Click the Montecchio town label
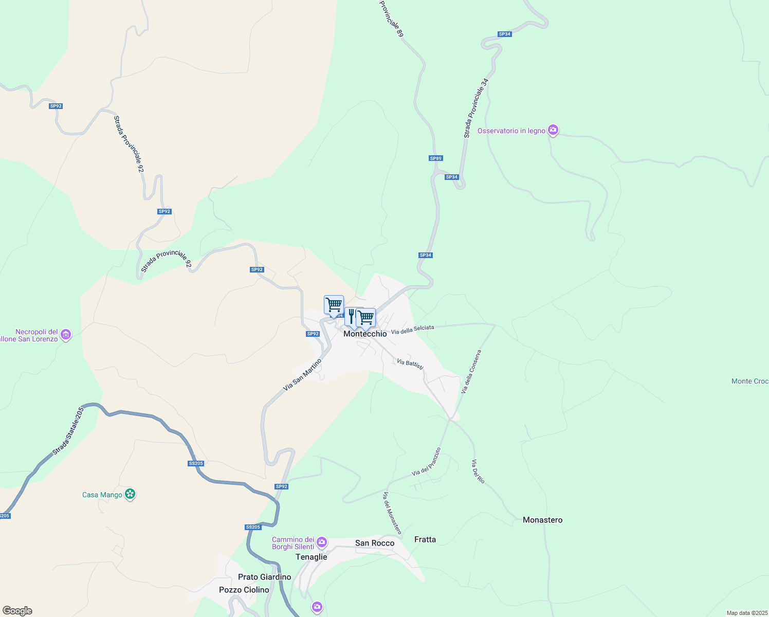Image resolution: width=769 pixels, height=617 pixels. coord(365,334)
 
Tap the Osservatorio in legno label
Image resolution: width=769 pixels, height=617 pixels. coord(511,131)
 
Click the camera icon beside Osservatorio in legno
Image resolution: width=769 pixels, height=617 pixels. coord(553,130)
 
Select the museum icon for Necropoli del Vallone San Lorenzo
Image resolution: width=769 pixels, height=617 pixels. coord(66,335)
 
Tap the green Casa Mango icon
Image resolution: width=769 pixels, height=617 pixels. coord(131,495)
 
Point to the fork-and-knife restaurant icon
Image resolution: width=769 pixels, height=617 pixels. coord(351,316)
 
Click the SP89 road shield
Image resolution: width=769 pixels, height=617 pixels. coord(436,158)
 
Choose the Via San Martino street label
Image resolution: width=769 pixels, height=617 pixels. coord(302,375)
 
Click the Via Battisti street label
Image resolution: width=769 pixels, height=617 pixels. coord(410,364)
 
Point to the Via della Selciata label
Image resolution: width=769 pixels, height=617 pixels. coord(412,330)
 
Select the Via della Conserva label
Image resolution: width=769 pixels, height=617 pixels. coord(471,372)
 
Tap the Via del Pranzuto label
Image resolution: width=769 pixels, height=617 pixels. coord(426,462)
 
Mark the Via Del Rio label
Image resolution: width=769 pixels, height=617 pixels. coord(478,471)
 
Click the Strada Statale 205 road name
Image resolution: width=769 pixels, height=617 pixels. coord(67,431)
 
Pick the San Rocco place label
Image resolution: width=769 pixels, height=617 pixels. coord(375,543)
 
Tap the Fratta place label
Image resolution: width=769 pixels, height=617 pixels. coord(425,539)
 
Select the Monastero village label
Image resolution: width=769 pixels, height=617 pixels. coord(542,520)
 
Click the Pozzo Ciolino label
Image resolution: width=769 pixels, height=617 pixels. coord(244,590)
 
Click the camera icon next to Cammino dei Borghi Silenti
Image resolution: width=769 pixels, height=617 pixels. coord(322,542)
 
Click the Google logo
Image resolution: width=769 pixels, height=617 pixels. coord(17,611)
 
